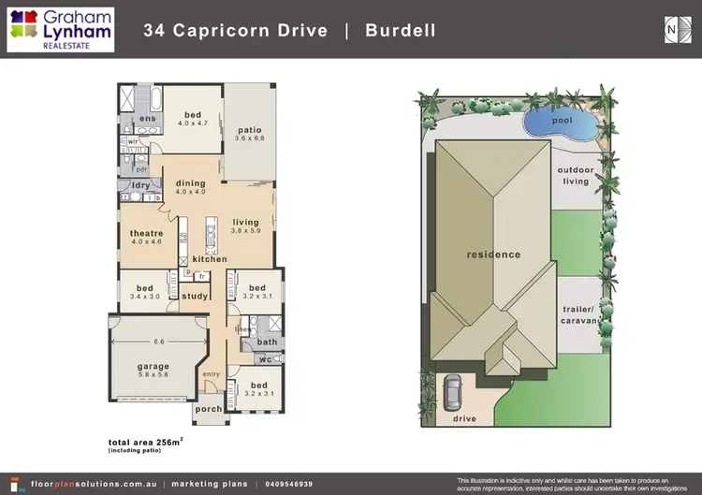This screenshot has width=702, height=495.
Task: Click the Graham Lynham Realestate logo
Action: coord(61,29)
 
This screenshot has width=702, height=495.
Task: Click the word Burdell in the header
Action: coord(402,31)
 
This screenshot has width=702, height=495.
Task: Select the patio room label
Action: coord(249,130)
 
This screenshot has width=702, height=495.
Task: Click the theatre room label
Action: coord(147,234)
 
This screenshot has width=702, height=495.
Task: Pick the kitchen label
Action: coord(210,259)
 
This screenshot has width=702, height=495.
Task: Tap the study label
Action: coord(196,297)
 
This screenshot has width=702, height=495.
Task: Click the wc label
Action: coord(264,359)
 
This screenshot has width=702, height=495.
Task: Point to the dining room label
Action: coord(191,183)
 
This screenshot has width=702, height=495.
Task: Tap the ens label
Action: coord(148,120)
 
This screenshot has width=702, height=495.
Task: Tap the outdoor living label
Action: coord(576,175)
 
